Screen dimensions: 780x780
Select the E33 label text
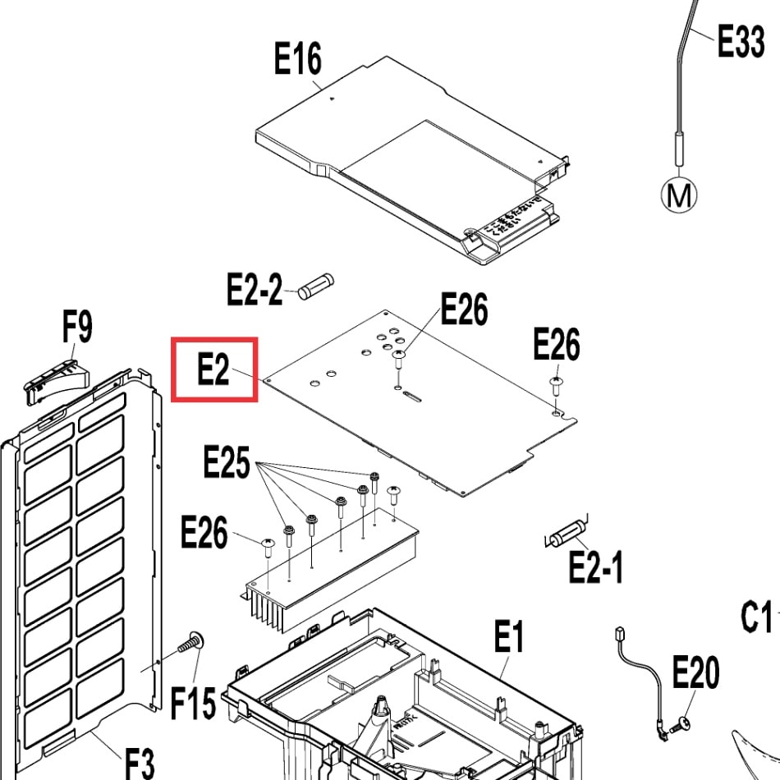[x=741, y=40]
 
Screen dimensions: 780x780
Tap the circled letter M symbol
[x=679, y=195]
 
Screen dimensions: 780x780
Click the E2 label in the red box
[x=213, y=370]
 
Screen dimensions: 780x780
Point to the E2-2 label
[x=255, y=289]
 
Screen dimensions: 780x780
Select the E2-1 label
[x=596, y=567]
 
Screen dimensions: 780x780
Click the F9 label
[x=77, y=328]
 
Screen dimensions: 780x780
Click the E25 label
[x=227, y=465]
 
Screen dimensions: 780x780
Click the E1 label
[x=509, y=636]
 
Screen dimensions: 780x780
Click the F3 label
[x=139, y=763]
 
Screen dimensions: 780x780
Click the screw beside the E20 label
[x=681, y=725]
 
